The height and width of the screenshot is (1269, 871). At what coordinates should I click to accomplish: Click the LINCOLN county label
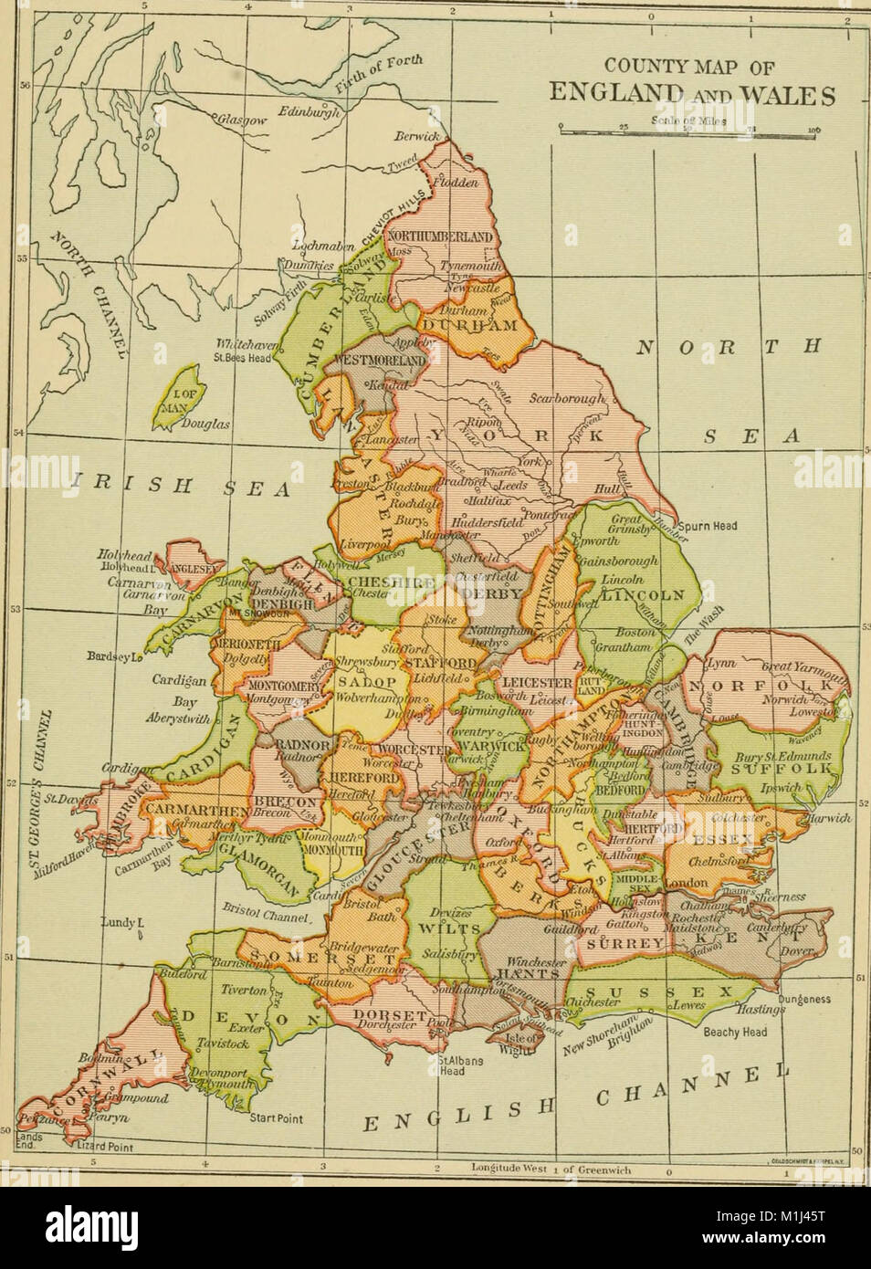tap(648, 594)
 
